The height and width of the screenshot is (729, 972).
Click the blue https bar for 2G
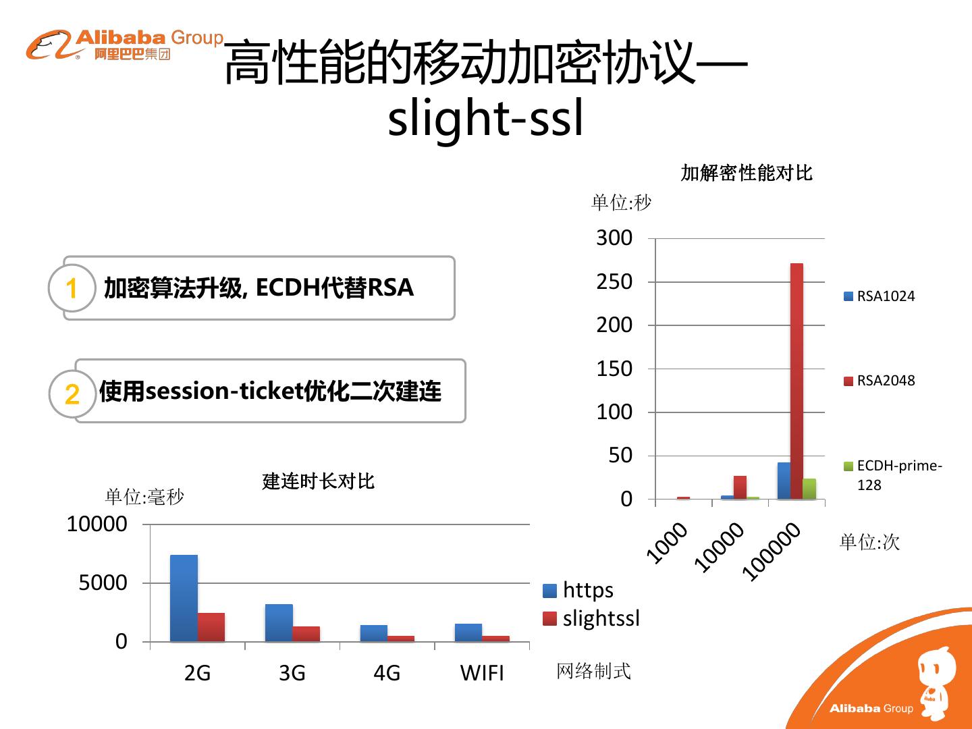[x=184, y=598]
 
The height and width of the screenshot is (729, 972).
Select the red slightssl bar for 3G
[x=306, y=634]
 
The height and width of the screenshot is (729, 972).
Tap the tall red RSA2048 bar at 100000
[x=796, y=381]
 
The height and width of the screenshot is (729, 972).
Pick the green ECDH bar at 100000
[x=809, y=489]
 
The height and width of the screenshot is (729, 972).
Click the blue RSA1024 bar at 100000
[x=784, y=481]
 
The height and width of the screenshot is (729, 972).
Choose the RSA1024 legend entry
[x=880, y=296]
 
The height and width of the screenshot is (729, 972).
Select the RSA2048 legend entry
[x=880, y=381]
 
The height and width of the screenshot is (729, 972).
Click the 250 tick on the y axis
[x=614, y=281]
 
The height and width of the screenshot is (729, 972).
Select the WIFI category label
[x=482, y=673]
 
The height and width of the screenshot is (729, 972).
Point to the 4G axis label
[x=387, y=673]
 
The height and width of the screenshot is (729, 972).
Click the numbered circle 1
[x=72, y=288]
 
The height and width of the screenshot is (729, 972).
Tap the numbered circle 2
[x=72, y=394]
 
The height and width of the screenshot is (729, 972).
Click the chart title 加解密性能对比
[x=747, y=173]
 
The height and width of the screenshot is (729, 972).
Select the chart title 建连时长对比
[x=318, y=481]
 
